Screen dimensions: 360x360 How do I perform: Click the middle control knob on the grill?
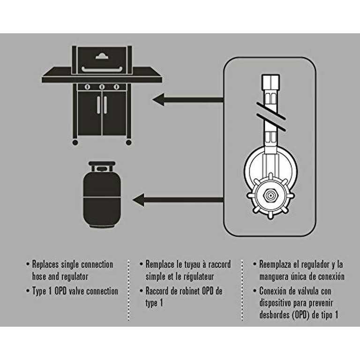point(102,87)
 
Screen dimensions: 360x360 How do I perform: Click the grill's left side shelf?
point(57,78)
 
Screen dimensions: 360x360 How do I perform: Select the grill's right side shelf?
point(147,78)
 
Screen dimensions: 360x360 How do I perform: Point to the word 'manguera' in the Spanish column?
point(277,277)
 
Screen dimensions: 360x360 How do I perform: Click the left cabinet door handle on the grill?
point(98,105)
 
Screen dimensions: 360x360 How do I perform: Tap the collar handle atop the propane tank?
point(102,166)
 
